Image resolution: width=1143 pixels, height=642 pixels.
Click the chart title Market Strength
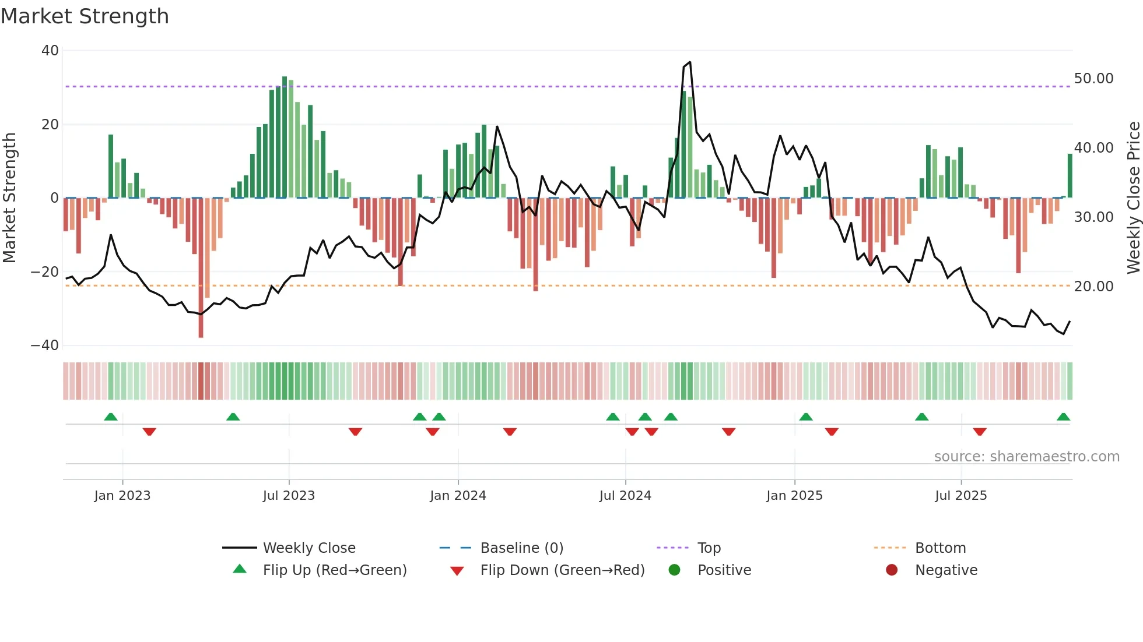85,16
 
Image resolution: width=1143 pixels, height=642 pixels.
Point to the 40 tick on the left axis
50,51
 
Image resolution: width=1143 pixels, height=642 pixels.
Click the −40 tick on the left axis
45,345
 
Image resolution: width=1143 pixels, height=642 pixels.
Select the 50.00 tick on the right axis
1093,79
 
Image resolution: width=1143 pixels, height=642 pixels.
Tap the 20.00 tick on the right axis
1093,287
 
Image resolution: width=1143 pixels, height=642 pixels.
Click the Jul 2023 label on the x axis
289,496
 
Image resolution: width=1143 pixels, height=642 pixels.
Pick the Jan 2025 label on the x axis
794,496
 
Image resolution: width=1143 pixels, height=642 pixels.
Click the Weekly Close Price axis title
1133,197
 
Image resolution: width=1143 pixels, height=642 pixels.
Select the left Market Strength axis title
10,197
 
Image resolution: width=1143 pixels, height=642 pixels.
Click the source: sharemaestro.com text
1026,457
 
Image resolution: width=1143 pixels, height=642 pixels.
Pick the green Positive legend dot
675,570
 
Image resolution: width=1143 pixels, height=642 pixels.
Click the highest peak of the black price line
690,62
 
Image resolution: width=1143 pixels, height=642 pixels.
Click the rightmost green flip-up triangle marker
1063,417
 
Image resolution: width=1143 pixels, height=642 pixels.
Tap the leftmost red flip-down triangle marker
149,432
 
